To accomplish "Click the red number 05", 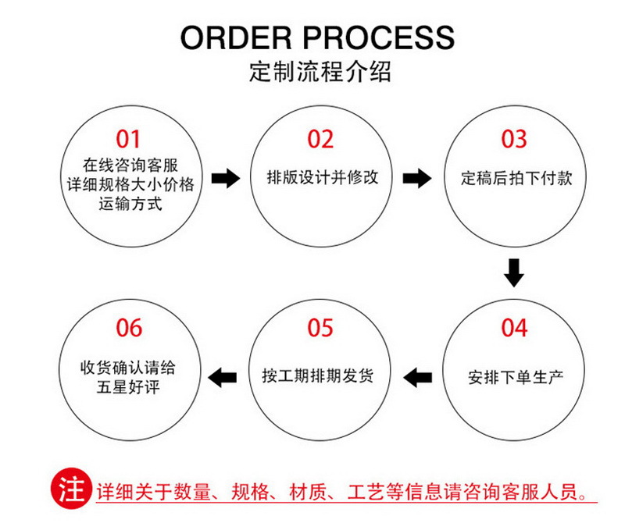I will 320,328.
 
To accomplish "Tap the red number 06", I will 129,328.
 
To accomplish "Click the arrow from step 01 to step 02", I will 226,179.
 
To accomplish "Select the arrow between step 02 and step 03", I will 417,179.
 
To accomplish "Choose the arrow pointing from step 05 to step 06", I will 226,377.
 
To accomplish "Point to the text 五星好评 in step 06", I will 129,386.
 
